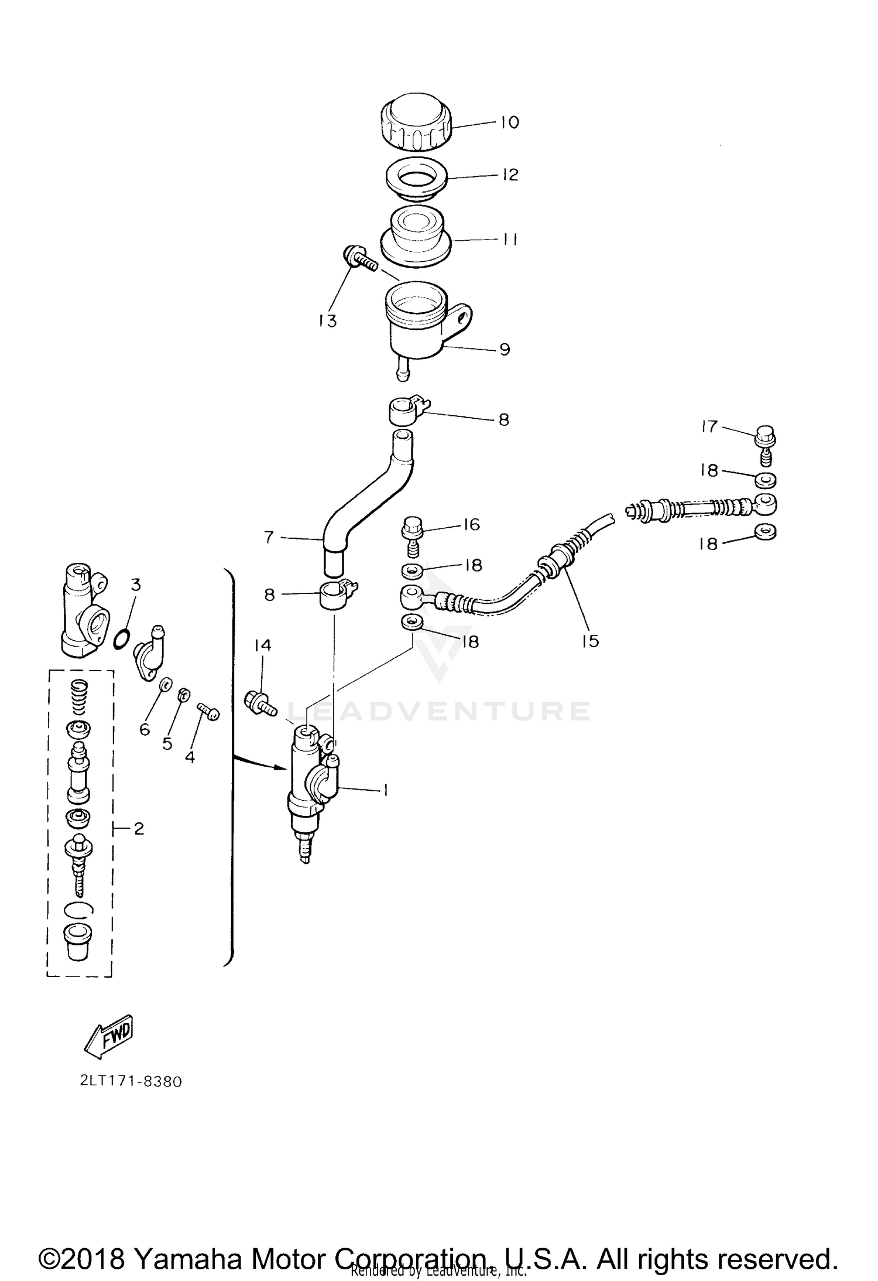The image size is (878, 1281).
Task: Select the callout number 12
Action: pyautogui.click(x=510, y=175)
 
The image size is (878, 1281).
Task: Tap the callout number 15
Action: pyautogui.click(x=591, y=641)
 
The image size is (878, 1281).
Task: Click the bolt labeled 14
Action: pyautogui.click(x=259, y=702)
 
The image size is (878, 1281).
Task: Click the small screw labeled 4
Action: pyautogui.click(x=209, y=711)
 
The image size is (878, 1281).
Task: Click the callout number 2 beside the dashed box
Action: pyautogui.click(x=139, y=828)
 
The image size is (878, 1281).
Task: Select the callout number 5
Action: pyautogui.click(x=167, y=743)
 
